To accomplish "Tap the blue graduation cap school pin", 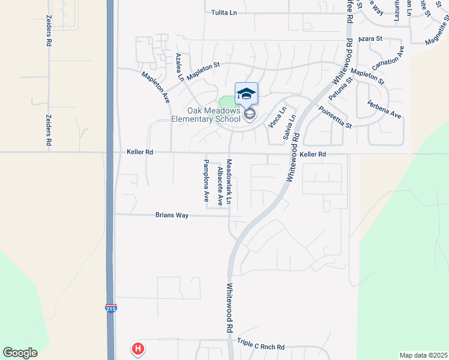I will [x=246, y=94].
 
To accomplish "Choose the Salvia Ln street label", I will [x=289, y=128].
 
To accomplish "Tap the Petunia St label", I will [x=340, y=89].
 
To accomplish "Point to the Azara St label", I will [x=370, y=38].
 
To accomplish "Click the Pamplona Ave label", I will [x=205, y=180].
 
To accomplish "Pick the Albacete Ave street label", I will [x=220, y=187].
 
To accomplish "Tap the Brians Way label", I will [x=172, y=214].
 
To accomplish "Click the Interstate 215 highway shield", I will [x=110, y=308].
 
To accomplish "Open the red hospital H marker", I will [x=138, y=348].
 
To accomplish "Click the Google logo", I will [x=20, y=353].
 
